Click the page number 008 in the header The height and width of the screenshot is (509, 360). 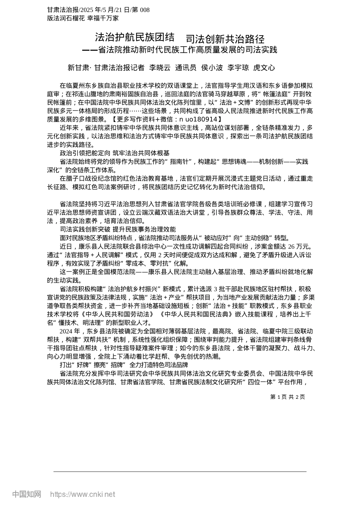point(144,10)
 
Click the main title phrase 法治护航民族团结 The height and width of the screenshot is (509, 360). point(135,37)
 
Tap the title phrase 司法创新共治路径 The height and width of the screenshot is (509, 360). point(225,39)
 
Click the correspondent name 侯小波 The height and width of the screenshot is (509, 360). point(212,68)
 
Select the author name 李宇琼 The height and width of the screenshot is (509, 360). point(238,68)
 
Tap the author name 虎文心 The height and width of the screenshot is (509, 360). point(264,68)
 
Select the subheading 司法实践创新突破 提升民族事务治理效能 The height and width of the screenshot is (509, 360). point(117,230)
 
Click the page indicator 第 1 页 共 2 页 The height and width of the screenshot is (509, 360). point(287,397)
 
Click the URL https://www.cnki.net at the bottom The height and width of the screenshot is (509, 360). point(82,494)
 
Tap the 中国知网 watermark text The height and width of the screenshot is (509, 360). point(27,494)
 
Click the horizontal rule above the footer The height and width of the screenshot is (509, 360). point(180,472)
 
